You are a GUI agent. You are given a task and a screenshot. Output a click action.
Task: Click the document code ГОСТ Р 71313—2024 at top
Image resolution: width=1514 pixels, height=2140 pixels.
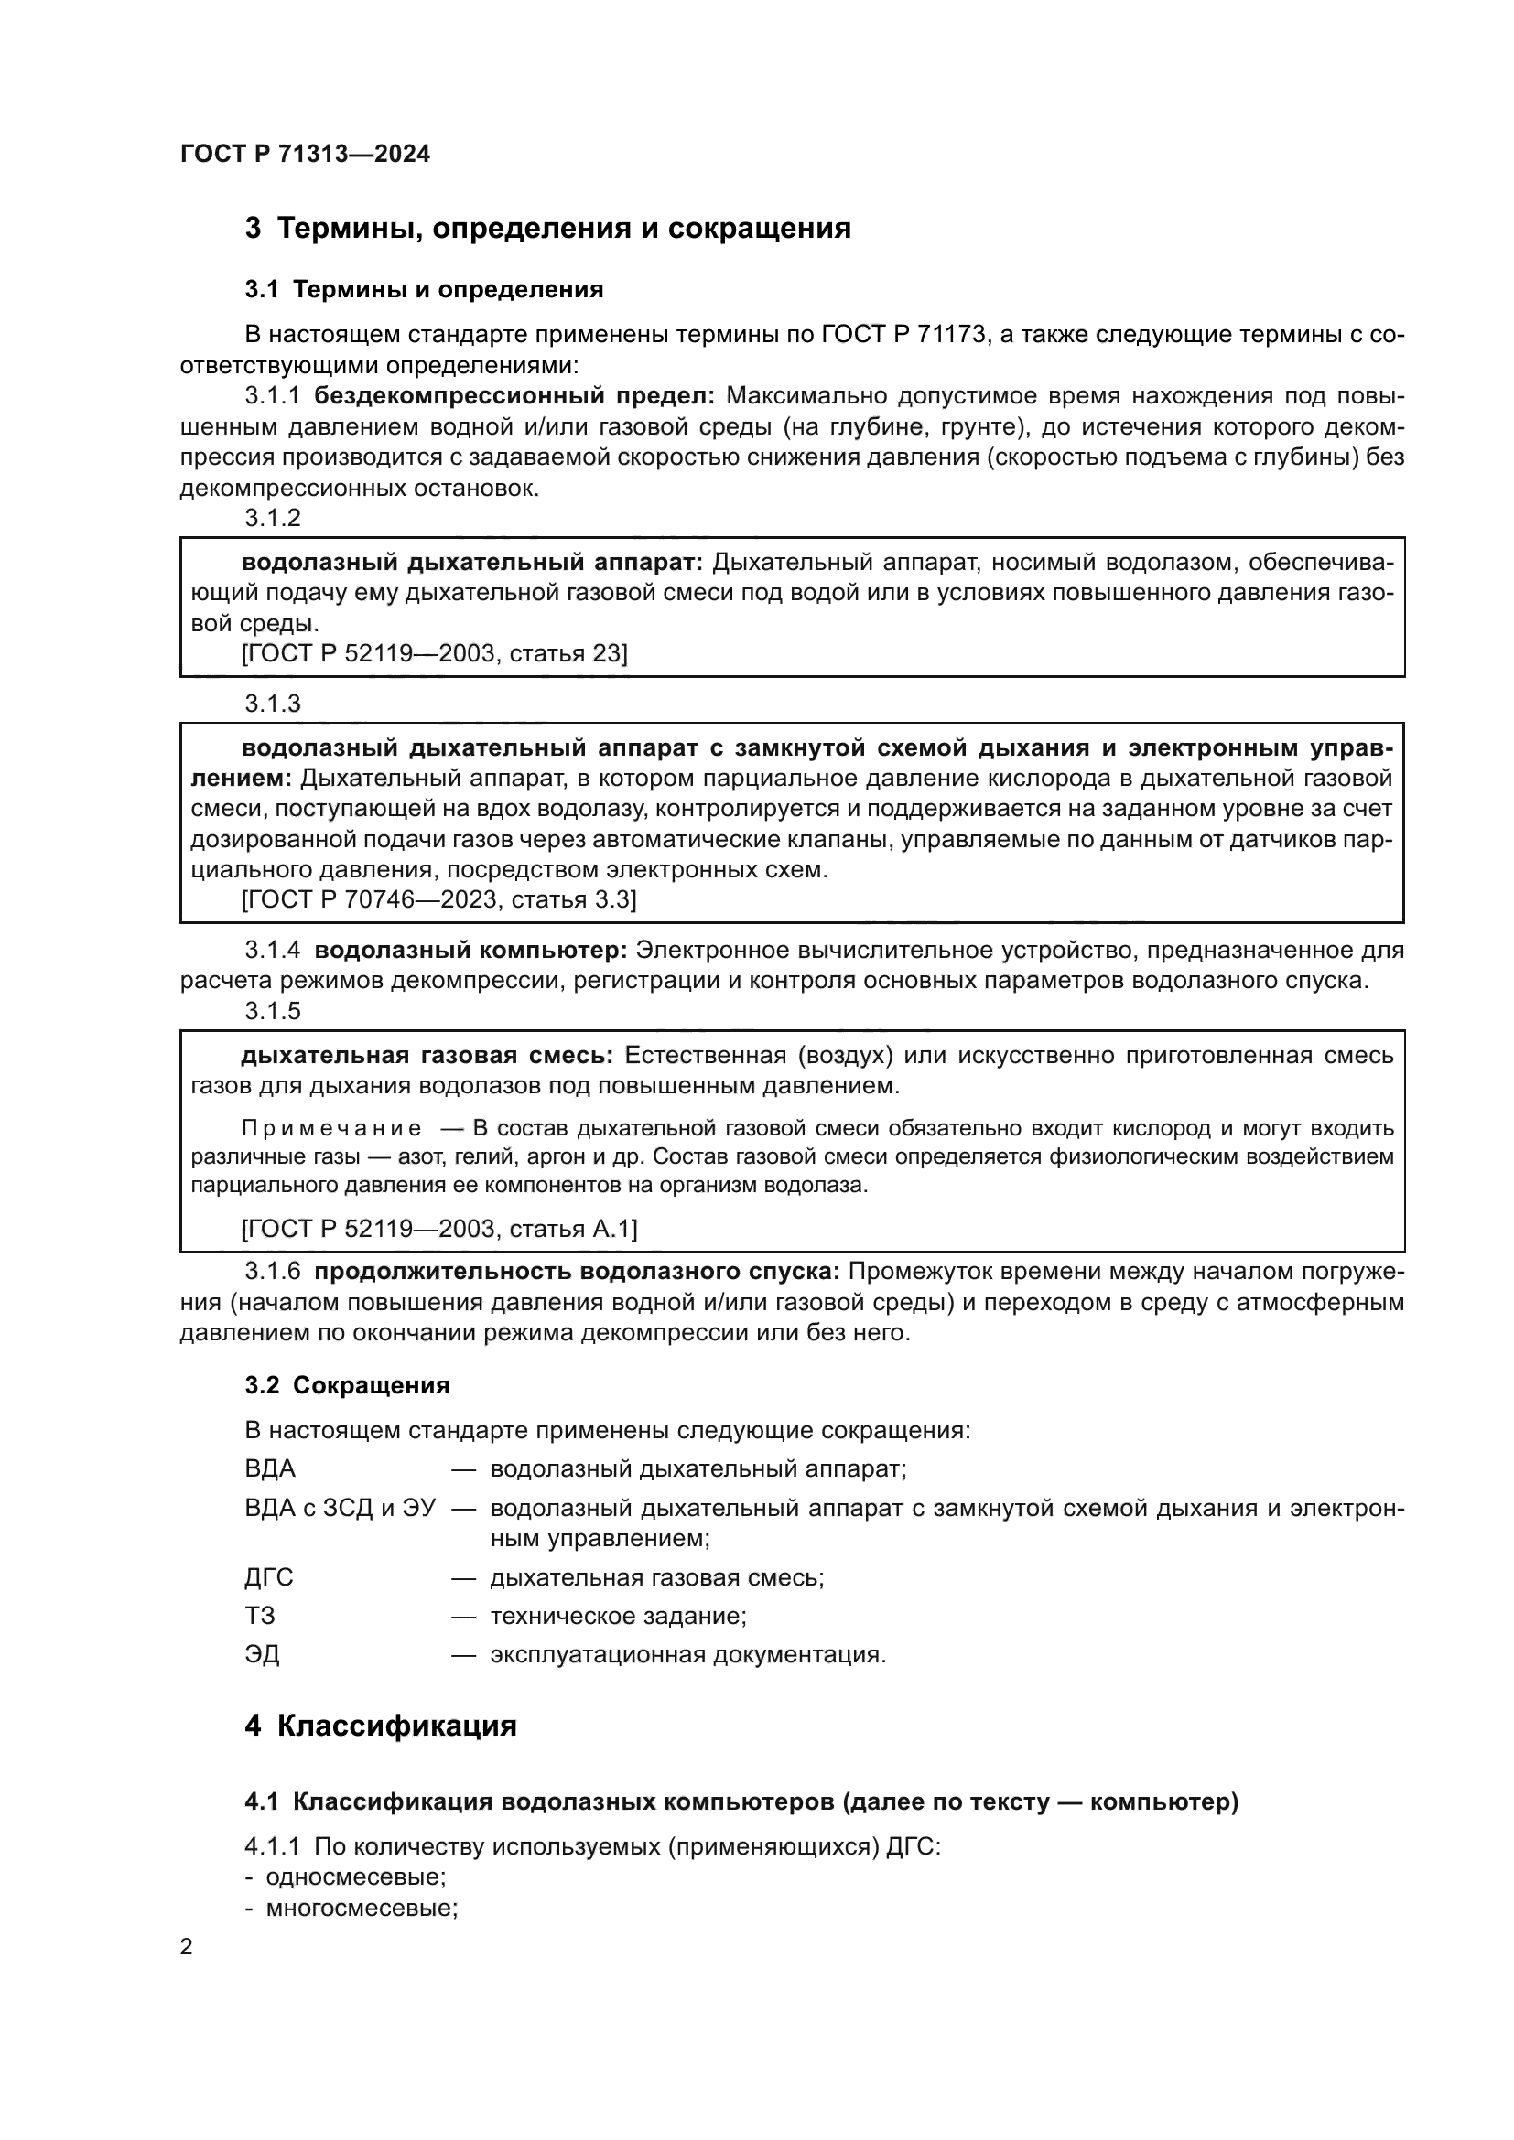coord(305,155)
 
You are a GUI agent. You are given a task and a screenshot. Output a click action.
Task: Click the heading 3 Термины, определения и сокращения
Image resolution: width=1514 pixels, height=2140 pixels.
coord(547,229)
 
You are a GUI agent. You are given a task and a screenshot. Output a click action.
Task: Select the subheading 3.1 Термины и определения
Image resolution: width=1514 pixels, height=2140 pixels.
coord(424,290)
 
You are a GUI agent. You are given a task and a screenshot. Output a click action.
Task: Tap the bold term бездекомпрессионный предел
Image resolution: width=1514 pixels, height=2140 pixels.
coord(514,396)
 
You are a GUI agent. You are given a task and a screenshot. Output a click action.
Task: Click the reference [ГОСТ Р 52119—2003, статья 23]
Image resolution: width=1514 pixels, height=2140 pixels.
coord(435,653)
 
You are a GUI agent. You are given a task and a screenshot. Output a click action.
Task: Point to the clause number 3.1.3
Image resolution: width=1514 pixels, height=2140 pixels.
coord(273,704)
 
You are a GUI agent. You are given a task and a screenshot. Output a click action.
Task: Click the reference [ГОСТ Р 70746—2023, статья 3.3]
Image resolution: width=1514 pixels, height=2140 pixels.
coord(439,899)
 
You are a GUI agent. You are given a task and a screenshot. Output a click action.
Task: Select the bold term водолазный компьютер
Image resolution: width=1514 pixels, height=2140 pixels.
coord(470,951)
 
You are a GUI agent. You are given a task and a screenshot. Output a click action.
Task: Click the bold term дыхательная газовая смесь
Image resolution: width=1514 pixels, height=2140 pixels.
coord(427,1056)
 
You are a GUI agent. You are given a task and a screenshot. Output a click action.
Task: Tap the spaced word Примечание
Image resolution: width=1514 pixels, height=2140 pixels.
coord(331,1129)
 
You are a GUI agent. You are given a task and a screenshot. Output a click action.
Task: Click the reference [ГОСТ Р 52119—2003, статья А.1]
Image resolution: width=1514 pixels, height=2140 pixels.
coord(439,1230)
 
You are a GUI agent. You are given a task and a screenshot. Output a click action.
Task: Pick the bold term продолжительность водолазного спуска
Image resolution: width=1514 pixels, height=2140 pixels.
coord(577,1273)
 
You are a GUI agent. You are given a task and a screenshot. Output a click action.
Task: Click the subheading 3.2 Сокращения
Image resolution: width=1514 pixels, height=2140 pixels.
coord(347,1386)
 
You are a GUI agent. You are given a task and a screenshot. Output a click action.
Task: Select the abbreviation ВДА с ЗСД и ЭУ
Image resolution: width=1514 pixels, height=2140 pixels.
coord(341,1508)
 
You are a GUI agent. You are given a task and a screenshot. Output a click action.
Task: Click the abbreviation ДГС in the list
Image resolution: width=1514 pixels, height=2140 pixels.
coord(268,1578)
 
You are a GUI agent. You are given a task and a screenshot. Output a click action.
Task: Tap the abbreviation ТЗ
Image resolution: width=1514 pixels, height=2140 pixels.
coord(260,1616)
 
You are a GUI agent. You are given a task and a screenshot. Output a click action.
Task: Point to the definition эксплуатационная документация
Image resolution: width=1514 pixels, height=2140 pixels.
coord(688,1654)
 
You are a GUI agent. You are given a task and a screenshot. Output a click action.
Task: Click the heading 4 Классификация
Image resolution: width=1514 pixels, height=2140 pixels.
coord(381,1726)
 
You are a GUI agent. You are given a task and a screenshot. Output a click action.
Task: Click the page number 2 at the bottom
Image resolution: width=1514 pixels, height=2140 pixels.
coord(187,1947)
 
